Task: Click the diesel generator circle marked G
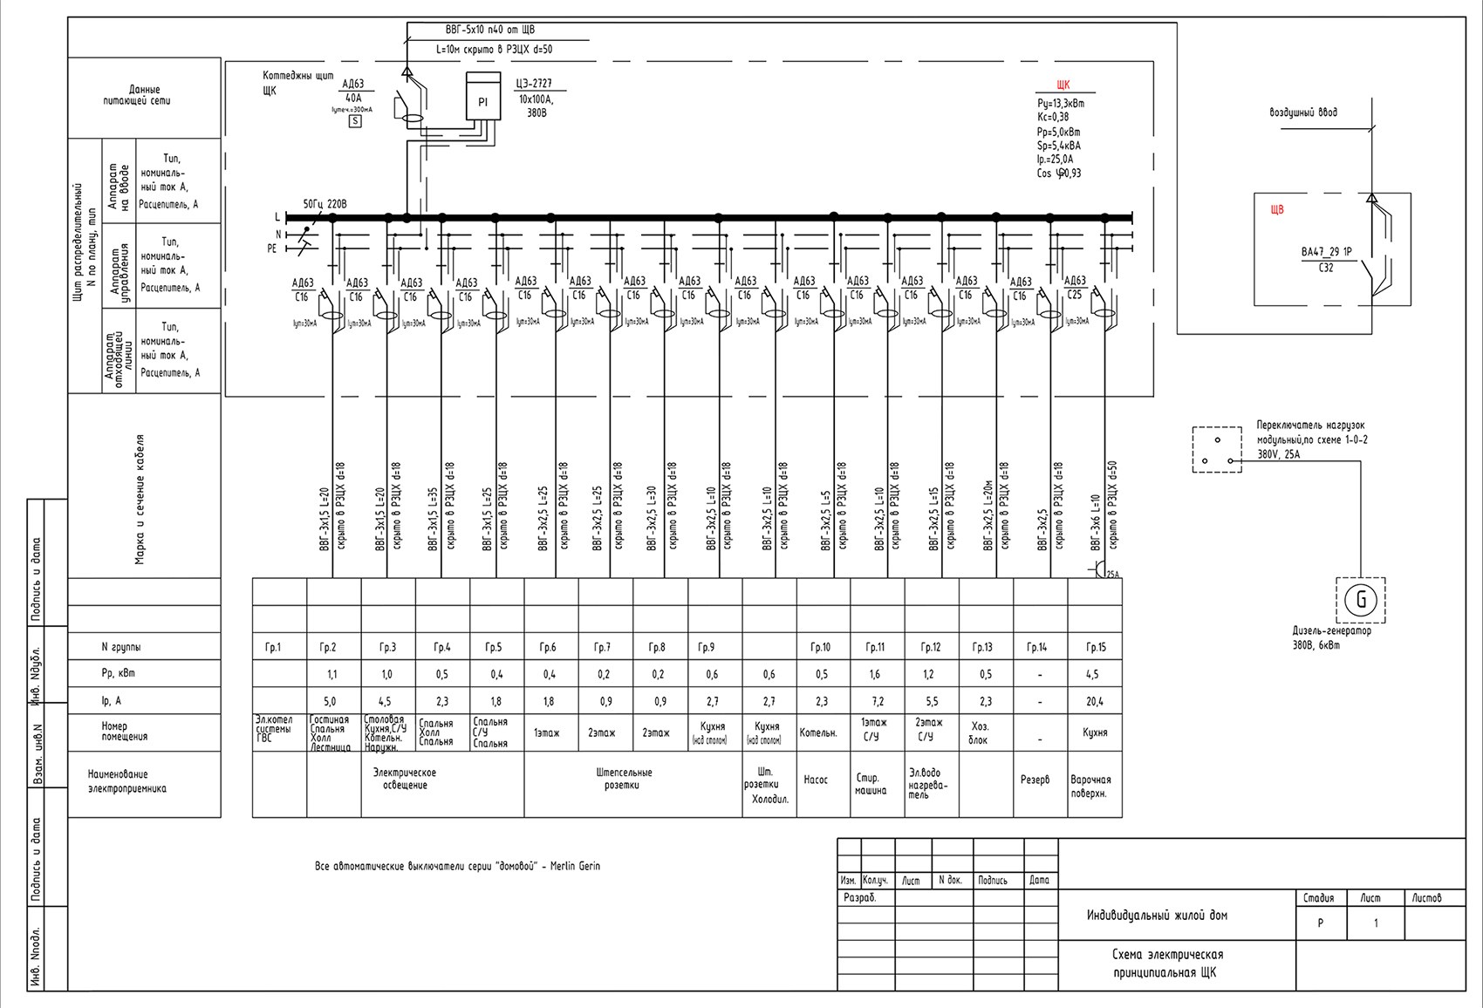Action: pyautogui.click(x=1360, y=599)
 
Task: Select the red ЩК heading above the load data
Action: pyautogui.click(x=1063, y=85)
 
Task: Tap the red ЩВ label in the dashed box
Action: pyautogui.click(x=1277, y=210)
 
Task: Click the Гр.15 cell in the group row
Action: pyautogui.click(x=1096, y=648)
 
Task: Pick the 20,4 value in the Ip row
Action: pyautogui.click(x=1093, y=701)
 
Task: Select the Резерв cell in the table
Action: pyautogui.click(x=1035, y=780)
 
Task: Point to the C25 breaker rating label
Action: pyautogui.click(x=1074, y=295)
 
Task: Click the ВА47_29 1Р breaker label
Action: pyautogui.click(x=1326, y=253)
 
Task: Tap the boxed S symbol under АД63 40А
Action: pyautogui.click(x=355, y=121)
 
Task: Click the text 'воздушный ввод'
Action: pyautogui.click(x=1303, y=112)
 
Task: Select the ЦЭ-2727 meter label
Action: pyautogui.click(x=540, y=85)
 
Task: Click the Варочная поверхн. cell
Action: pyautogui.click(x=1090, y=787)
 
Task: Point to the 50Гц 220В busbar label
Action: pyautogui.click(x=325, y=204)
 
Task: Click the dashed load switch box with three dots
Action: pyautogui.click(x=1217, y=449)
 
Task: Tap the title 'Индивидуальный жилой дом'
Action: pyautogui.click(x=1157, y=915)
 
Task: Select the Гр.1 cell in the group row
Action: pyautogui.click(x=273, y=648)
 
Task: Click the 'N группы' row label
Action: pyautogui.click(x=120, y=648)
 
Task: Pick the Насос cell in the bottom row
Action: pyautogui.click(x=816, y=780)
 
